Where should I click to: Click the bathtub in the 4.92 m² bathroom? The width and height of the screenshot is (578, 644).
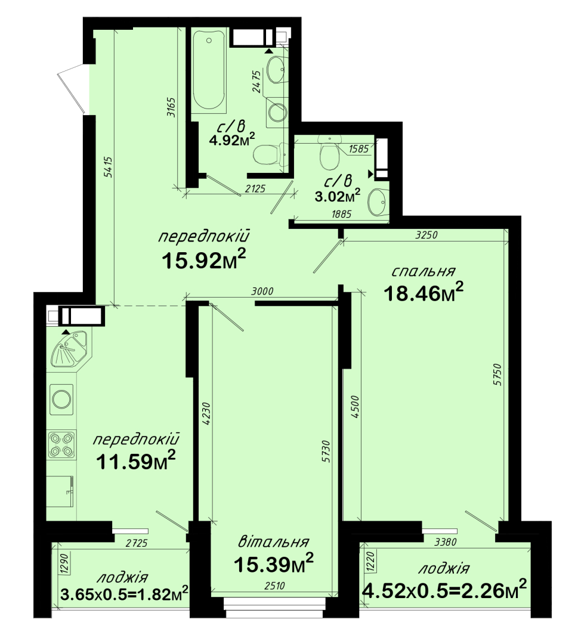click(x=209, y=70)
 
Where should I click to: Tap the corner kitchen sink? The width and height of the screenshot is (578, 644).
click(x=69, y=349)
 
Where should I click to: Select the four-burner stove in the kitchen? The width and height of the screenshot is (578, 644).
click(x=61, y=444)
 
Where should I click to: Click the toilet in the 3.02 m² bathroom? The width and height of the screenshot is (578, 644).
click(x=329, y=154)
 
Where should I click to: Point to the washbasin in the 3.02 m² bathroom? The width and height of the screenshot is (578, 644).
click(x=378, y=202)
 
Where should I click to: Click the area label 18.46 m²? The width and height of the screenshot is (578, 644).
click(x=424, y=292)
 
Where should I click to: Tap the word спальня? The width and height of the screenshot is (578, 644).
click(x=423, y=271)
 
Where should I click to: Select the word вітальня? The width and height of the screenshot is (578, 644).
click(x=274, y=541)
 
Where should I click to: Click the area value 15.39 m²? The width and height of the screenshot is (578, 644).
click(x=274, y=563)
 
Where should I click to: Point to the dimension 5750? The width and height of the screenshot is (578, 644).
click(x=498, y=374)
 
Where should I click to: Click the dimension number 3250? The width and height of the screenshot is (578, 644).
click(x=426, y=235)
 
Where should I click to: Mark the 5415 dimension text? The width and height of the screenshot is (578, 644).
click(x=109, y=167)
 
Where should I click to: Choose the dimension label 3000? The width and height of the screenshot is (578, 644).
click(x=262, y=291)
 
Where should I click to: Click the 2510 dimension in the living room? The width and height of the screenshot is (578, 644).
click(x=274, y=586)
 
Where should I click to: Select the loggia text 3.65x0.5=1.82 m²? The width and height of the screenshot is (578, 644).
click(x=124, y=593)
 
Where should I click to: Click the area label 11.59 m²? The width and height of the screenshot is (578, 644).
click(x=135, y=461)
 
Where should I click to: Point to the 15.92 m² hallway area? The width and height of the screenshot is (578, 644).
click(x=204, y=259)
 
